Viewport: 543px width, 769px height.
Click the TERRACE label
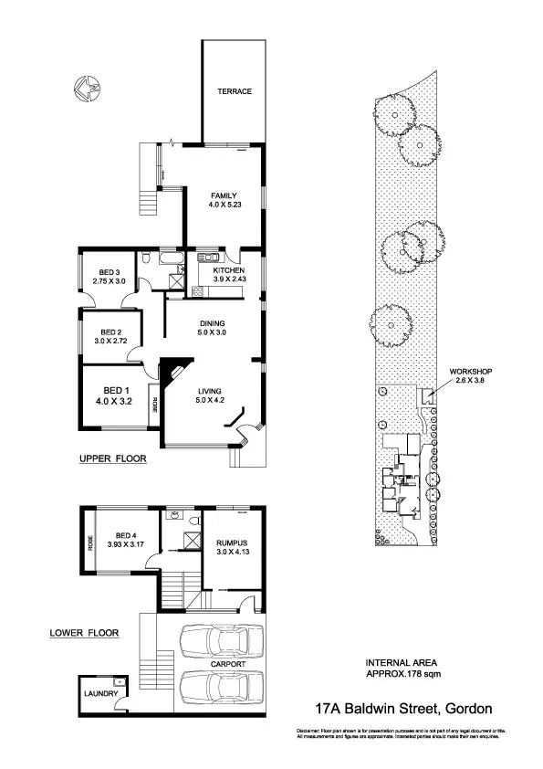click(x=234, y=91)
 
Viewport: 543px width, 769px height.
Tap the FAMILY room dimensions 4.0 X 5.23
click(x=224, y=206)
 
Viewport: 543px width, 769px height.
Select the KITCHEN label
click(x=228, y=271)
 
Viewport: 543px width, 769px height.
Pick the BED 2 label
click(x=111, y=332)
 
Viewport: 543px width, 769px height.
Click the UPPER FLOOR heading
click(x=112, y=458)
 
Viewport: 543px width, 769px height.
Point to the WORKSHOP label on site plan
click(x=470, y=372)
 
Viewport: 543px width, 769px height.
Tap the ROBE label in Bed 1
click(x=156, y=404)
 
